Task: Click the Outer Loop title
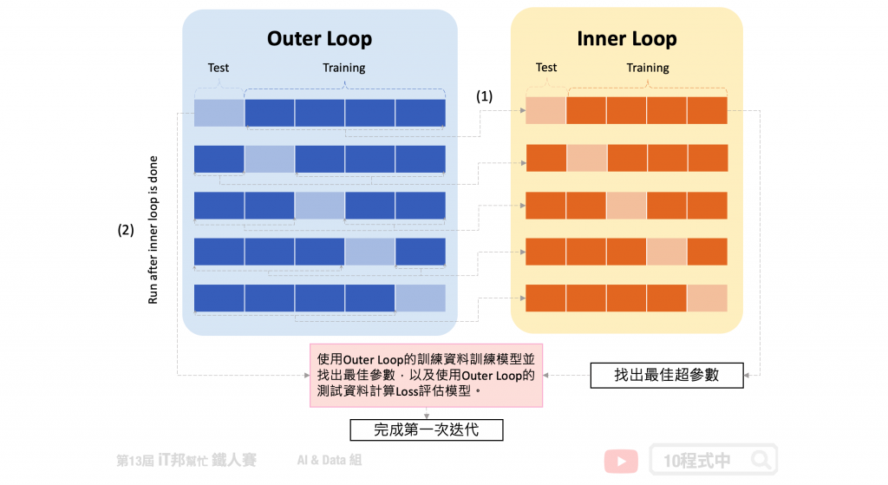click(x=319, y=38)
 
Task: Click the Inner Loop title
click(x=627, y=38)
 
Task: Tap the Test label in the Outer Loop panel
click(x=218, y=68)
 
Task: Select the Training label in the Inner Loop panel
click(x=647, y=68)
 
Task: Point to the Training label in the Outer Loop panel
click(x=343, y=68)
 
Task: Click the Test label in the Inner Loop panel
click(x=546, y=68)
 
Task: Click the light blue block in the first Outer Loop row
click(x=219, y=113)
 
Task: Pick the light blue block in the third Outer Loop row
click(x=319, y=205)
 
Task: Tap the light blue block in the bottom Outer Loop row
click(x=421, y=298)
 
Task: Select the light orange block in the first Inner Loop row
click(x=546, y=110)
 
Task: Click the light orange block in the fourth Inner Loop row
click(x=667, y=252)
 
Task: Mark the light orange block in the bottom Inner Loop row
click(x=708, y=298)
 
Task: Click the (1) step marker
click(x=484, y=96)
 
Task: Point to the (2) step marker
click(x=126, y=230)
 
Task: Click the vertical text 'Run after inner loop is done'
click(x=153, y=230)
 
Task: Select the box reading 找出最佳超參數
click(x=667, y=375)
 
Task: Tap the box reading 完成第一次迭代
click(x=427, y=429)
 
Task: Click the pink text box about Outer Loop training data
click(x=426, y=375)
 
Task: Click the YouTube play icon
click(x=621, y=462)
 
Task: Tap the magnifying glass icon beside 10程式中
click(x=761, y=460)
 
